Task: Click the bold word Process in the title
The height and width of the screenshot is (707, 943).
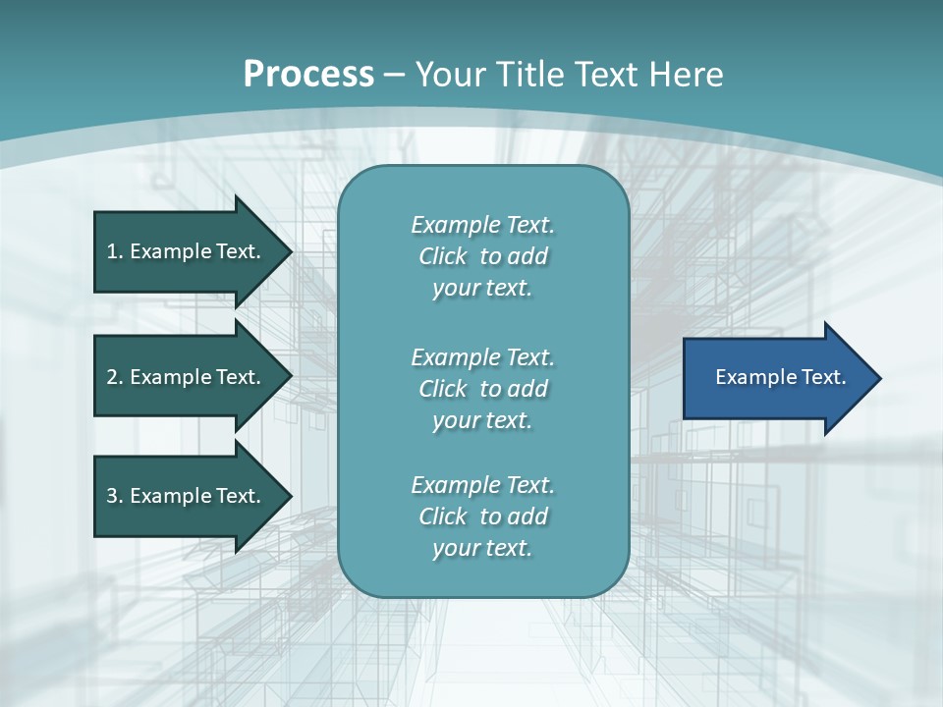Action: [308, 75]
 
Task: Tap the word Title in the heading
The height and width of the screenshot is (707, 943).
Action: [530, 75]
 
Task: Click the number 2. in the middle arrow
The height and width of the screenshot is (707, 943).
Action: [114, 377]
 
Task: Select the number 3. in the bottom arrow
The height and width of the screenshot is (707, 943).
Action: [114, 496]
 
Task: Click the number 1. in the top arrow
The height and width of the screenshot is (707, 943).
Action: [114, 251]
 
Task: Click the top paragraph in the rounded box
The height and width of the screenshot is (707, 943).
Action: [482, 256]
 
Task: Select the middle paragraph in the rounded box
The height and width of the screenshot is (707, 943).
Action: [482, 389]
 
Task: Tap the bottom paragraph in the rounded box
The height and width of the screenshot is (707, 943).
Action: [482, 517]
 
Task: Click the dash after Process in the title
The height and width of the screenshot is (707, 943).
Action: [395, 75]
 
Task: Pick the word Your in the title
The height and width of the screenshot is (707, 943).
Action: [452, 75]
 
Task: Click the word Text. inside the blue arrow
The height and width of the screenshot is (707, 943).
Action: [825, 377]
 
